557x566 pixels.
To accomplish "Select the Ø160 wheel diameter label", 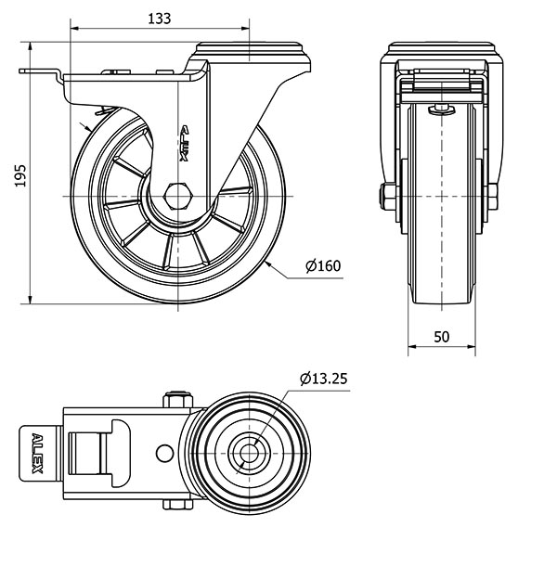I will pos(324,267).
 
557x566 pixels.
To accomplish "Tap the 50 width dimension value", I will pos(442,337).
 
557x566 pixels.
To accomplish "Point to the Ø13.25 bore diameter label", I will pos(324,379).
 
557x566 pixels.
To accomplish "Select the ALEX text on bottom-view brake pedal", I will pos(37,453).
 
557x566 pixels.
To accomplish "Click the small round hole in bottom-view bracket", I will pos(165,453).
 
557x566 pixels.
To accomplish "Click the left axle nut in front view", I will pos(385,197).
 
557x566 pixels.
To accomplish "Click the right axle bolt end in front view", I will pos(495,197).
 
